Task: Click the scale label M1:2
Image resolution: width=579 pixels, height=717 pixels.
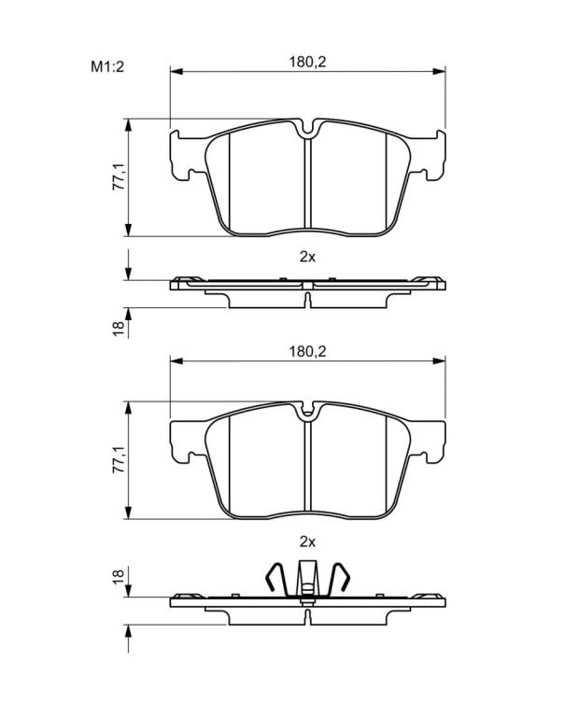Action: click(107, 67)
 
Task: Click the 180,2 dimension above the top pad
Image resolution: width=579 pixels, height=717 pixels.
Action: click(307, 62)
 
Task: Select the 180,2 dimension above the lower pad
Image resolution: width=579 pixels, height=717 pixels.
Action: click(307, 352)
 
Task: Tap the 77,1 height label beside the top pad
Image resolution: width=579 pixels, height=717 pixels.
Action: click(120, 178)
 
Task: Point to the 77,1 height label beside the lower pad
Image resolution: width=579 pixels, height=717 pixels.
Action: click(120, 460)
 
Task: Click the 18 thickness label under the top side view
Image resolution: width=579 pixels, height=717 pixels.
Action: click(119, 329)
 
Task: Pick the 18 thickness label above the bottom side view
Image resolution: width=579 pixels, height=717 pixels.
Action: click(119, 576)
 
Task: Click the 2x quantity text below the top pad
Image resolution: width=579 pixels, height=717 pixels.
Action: click(307, 257)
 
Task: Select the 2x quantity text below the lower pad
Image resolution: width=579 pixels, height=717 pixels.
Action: click(307, 541)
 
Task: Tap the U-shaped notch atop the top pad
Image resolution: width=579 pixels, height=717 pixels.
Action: click(308, 131)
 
